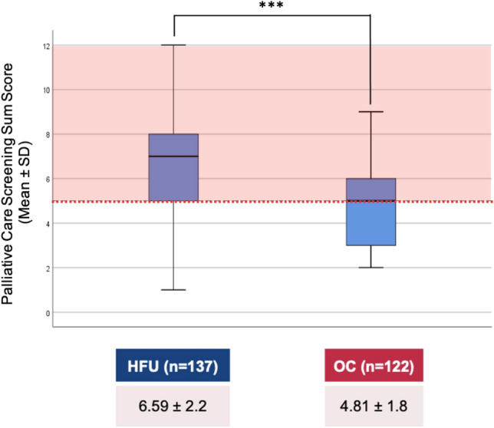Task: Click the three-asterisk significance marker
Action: coord(272,7)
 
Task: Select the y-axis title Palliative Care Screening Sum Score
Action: coord(17,180)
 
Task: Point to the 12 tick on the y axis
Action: coord(47,46)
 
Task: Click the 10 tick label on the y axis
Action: coord(47,91)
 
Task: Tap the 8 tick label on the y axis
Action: coord(48,135)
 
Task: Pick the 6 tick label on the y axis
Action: coord(48,179)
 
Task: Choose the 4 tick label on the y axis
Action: coord(48,224)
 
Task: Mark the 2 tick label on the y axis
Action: coord(48,268)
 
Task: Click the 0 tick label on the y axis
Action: coord(48,313)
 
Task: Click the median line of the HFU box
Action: coord(174,156)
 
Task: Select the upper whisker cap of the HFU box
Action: coord(174,45)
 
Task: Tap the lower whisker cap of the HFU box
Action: coord(174,290)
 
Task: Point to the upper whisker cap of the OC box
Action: coord(370,112)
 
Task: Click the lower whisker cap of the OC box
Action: coord(370,268)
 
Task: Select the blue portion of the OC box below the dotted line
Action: coord(370,224)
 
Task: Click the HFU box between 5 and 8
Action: coord(174,180)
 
